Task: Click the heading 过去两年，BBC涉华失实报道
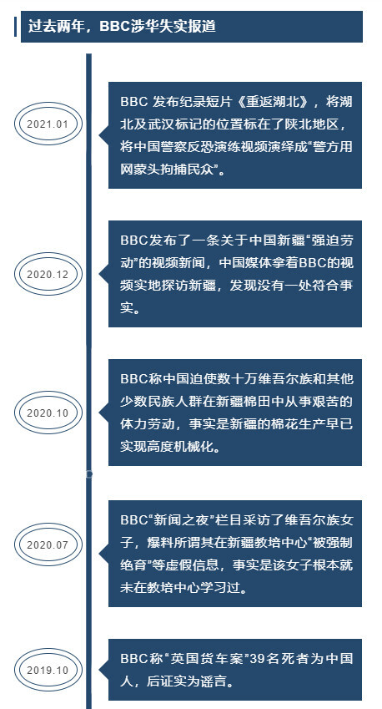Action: (122, 26)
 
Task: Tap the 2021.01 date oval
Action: (48, 124)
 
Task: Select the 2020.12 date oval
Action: (48, 274)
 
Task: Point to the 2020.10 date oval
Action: (48, 413)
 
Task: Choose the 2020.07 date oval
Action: (48, 544)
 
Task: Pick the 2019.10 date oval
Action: (48, 670)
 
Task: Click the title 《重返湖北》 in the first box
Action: (274, 102)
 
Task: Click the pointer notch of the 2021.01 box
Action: (103, 134)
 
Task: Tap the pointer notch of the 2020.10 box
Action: (103, 412)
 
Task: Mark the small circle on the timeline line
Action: (89, 474)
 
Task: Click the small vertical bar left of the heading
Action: (15, 26)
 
